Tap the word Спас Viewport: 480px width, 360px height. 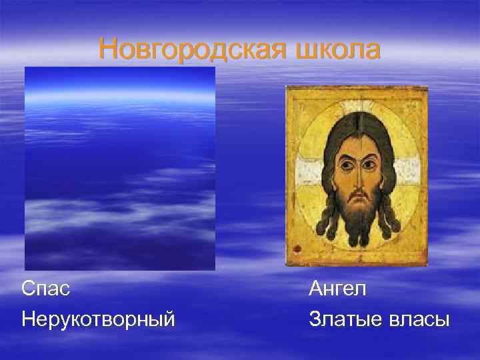pos(46,290)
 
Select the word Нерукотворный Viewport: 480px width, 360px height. pos(99,319)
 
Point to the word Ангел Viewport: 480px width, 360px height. pos(338,290)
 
